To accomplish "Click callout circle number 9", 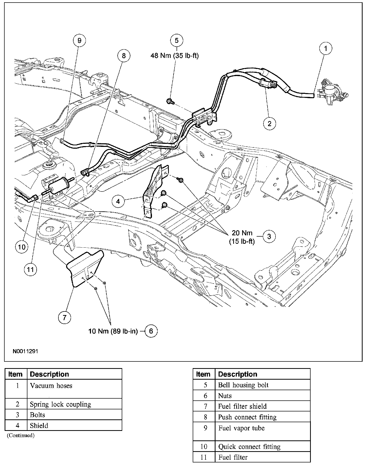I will (79, 41).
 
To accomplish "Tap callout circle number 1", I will (326, 48).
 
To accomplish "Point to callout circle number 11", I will (30, 270).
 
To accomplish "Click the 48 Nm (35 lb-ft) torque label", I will (175, 56).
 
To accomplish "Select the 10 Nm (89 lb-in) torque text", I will (113, 331).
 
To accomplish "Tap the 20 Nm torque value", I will (242, 233).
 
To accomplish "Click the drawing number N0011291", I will (25, 351).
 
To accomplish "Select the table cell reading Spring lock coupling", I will (60, 404).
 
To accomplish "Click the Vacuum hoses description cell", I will (51, 386).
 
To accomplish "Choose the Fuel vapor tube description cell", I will (241, 428).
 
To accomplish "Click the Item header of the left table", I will (15, 374).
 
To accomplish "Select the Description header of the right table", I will (238, 374).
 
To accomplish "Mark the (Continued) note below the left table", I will (21, 435).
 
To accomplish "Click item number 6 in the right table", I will (206, 396).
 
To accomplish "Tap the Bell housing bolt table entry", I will (243, 385).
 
